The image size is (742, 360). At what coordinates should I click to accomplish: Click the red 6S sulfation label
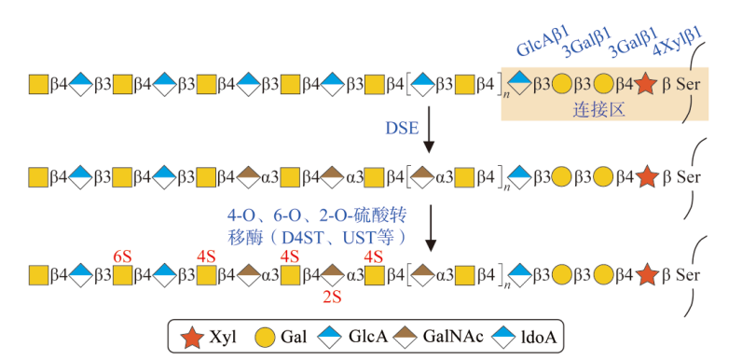pos(122,256)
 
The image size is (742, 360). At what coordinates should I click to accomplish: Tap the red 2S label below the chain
pos(332,297)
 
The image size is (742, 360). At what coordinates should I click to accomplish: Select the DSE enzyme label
pos(403,128)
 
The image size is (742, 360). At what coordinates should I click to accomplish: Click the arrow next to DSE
pos(428,130)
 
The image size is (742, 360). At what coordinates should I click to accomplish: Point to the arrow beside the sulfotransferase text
pos(430,228)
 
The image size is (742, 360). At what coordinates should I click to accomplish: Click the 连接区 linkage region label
pos(599,110)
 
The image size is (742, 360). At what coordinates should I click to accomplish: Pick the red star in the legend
pos(193,338)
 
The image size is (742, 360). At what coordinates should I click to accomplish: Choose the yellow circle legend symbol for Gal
pos(265,338)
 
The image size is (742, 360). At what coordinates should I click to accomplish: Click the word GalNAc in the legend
pos(453,337)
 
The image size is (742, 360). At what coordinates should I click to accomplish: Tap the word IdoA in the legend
pos(538,338)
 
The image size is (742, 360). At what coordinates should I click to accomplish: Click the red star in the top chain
pos(646,84)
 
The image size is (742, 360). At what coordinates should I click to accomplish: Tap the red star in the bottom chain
pos(646,275)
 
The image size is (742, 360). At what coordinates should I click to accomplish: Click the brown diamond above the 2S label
pos(333,275)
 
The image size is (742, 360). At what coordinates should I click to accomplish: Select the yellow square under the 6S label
pos(122,275)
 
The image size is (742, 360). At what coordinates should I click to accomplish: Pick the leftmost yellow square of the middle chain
pos(38,178)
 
